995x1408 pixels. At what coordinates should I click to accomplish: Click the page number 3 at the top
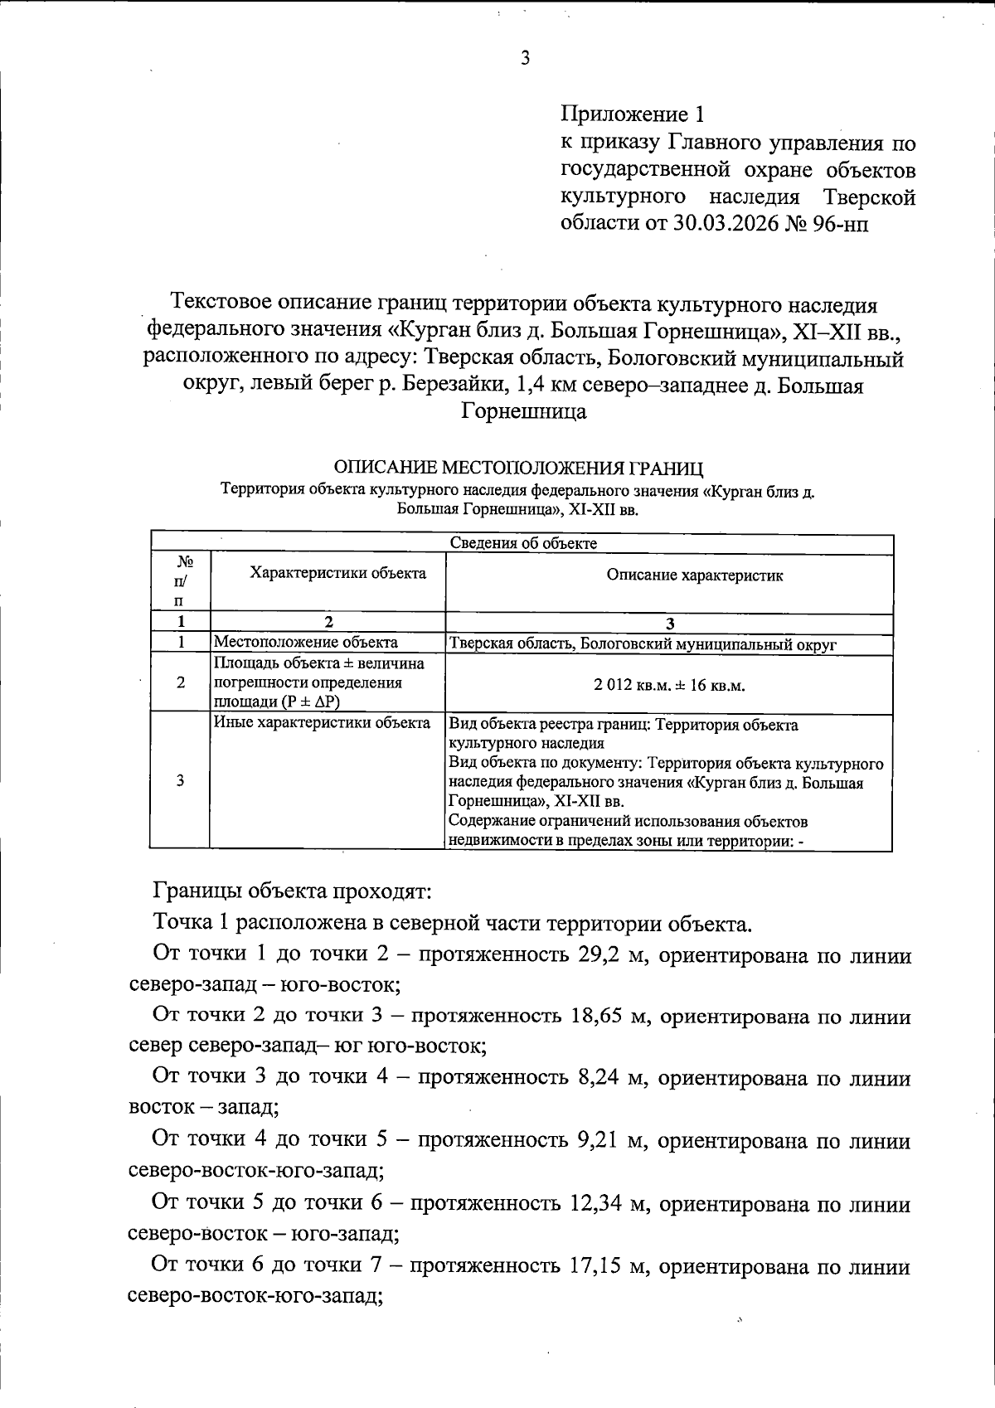pos(524,57)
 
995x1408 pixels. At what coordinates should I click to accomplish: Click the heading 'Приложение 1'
pos(636,113)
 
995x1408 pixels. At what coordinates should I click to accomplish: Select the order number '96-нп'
pos(841,225)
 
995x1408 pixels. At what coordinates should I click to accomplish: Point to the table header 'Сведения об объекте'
pos(523,543)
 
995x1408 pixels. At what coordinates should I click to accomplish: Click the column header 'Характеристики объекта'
pos(327,573)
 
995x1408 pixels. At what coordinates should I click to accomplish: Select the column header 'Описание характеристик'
pos(669,575)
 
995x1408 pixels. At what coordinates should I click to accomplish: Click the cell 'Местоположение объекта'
pos(306,643)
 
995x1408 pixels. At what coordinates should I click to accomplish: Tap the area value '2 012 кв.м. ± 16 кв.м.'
pos(669,686)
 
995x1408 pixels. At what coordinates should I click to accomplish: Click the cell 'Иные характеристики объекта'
pos(323,723)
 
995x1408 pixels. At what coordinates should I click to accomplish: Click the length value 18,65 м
pos(609,1016)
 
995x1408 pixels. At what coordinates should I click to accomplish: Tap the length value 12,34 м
pos(609,1203)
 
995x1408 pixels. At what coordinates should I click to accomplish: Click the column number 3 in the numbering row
pos(669,624)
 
